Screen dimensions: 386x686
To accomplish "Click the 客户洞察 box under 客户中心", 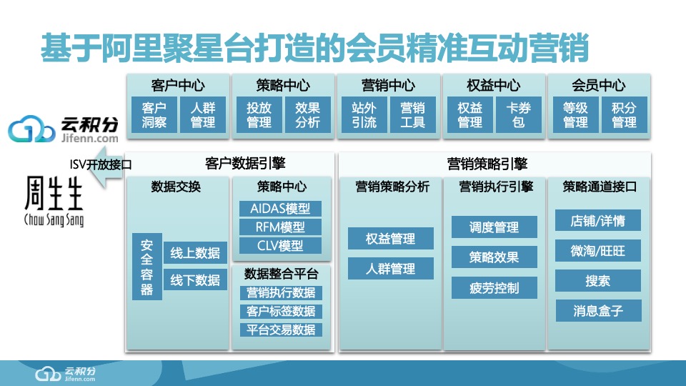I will point(154,115).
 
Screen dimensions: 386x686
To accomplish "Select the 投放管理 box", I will point(259,115).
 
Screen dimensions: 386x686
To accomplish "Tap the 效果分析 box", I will point(307,115).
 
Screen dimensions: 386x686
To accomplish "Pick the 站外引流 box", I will point(364,115).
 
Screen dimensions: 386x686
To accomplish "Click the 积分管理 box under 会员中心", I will point(624,115).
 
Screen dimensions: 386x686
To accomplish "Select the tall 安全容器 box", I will point(146,266).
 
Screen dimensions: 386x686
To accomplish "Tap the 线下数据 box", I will point(195,280).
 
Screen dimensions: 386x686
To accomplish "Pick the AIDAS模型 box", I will point(281,209).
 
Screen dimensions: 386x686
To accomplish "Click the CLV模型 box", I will point(281,246).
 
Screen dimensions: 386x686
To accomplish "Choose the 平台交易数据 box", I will point(281,330).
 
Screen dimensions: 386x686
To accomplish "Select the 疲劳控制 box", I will point(494,288).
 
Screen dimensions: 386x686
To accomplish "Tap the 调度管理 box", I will point(494,228).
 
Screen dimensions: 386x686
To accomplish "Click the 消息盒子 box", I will point(598,311).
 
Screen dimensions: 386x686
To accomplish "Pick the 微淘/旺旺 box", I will point(598,251).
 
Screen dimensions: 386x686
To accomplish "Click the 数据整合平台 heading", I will point(282,273).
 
